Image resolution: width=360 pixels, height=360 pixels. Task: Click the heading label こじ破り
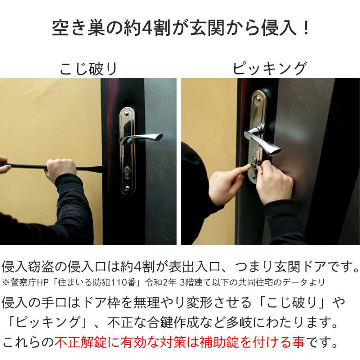[88, 68]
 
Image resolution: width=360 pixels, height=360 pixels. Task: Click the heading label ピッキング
[270, 68]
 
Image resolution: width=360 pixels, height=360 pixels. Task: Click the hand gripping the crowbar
[60, 170]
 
